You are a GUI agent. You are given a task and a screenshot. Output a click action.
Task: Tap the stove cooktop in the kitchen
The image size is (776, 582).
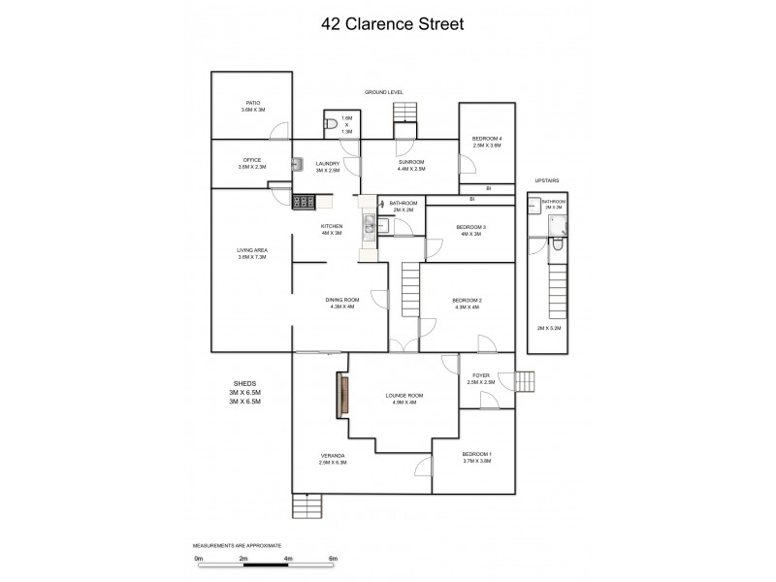(303, 202)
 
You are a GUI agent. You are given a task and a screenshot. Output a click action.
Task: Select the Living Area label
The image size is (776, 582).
(252, 253)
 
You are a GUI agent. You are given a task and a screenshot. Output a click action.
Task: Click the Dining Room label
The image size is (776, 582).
(342, 303)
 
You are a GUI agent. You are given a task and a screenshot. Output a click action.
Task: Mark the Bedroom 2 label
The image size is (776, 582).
(467, 304)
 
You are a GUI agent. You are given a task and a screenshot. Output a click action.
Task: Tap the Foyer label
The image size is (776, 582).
(481, 378)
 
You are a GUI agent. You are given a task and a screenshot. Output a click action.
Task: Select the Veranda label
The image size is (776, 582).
(333, 458)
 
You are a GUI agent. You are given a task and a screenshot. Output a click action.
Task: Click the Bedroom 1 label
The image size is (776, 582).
(476, 458)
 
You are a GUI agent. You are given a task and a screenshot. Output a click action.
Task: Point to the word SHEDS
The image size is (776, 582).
(244, 383)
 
